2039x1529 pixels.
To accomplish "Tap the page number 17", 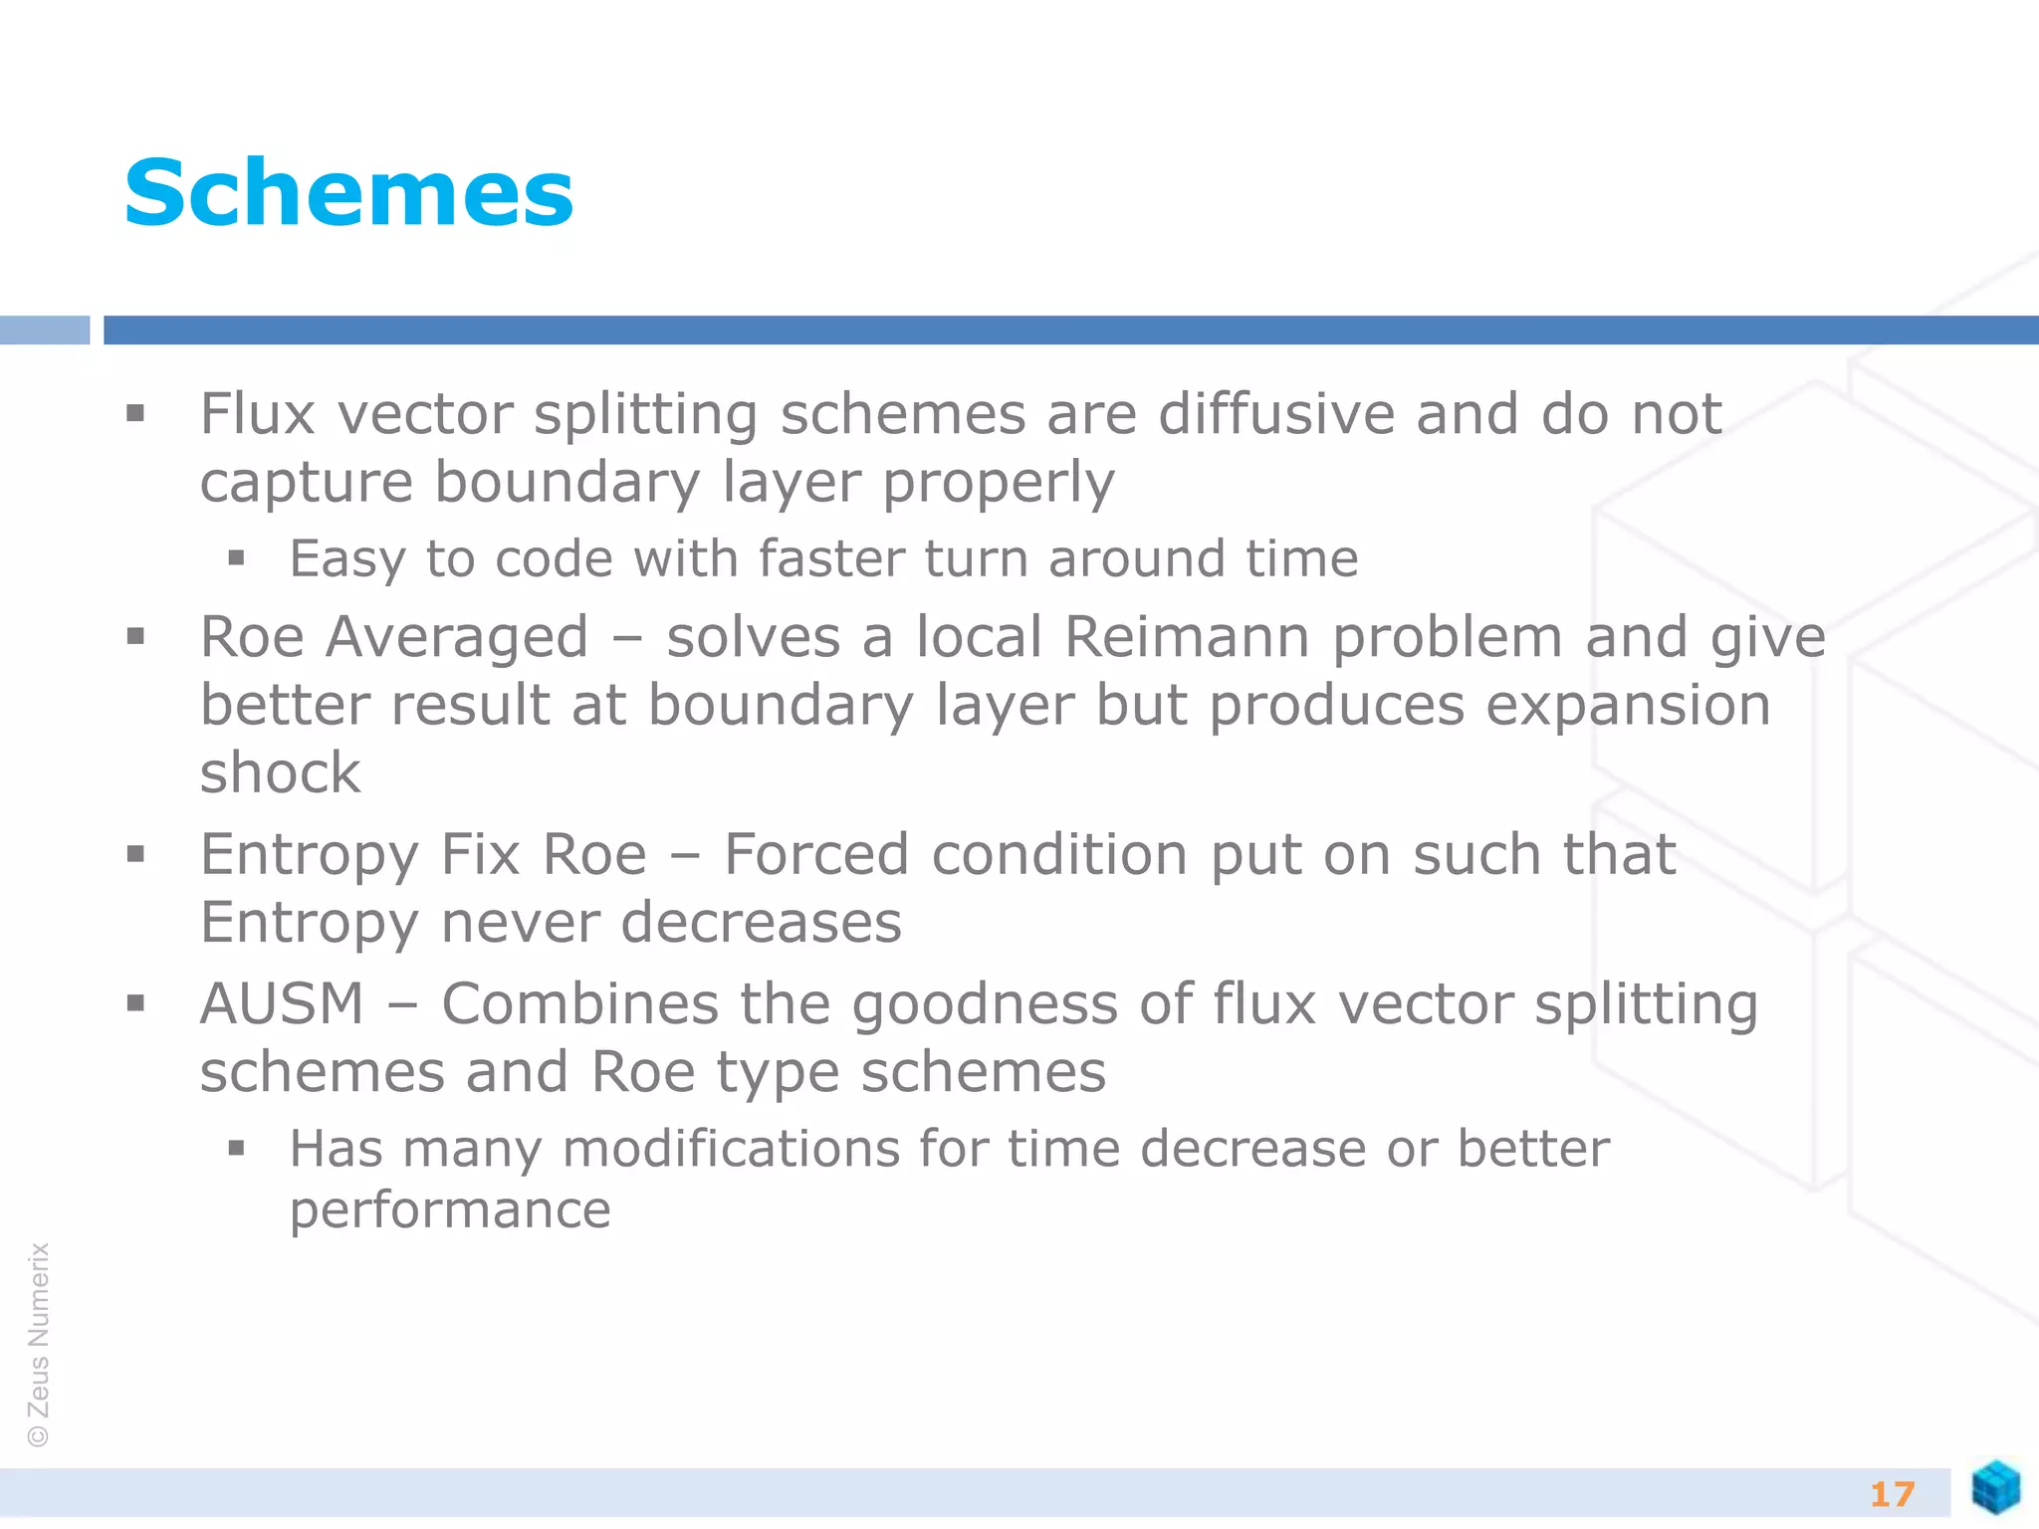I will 1892,1494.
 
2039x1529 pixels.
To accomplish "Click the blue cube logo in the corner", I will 1995,1487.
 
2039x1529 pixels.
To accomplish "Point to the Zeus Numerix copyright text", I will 39,1344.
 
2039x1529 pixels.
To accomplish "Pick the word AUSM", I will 282,1003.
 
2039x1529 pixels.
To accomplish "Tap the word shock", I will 280,772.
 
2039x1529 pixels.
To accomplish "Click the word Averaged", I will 457,639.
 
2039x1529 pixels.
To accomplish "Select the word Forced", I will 815,854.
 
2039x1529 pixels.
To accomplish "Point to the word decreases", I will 761,923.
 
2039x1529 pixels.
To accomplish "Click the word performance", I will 450,1211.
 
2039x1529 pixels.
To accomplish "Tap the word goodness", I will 985,1005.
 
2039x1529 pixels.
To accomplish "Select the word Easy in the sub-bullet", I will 346,559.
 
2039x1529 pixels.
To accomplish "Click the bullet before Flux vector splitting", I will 136,413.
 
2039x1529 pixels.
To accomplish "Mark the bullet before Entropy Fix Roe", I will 136,853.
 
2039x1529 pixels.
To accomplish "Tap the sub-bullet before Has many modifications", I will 236,1149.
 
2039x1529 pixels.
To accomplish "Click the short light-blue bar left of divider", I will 45,329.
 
